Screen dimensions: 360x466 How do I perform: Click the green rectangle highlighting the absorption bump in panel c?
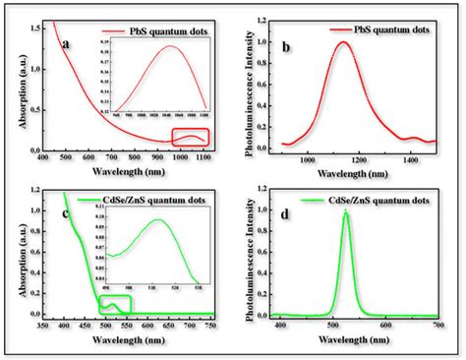pos(113,306)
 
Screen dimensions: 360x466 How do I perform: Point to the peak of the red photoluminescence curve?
pos(343,42)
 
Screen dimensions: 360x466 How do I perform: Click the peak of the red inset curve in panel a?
pos(170,46)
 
